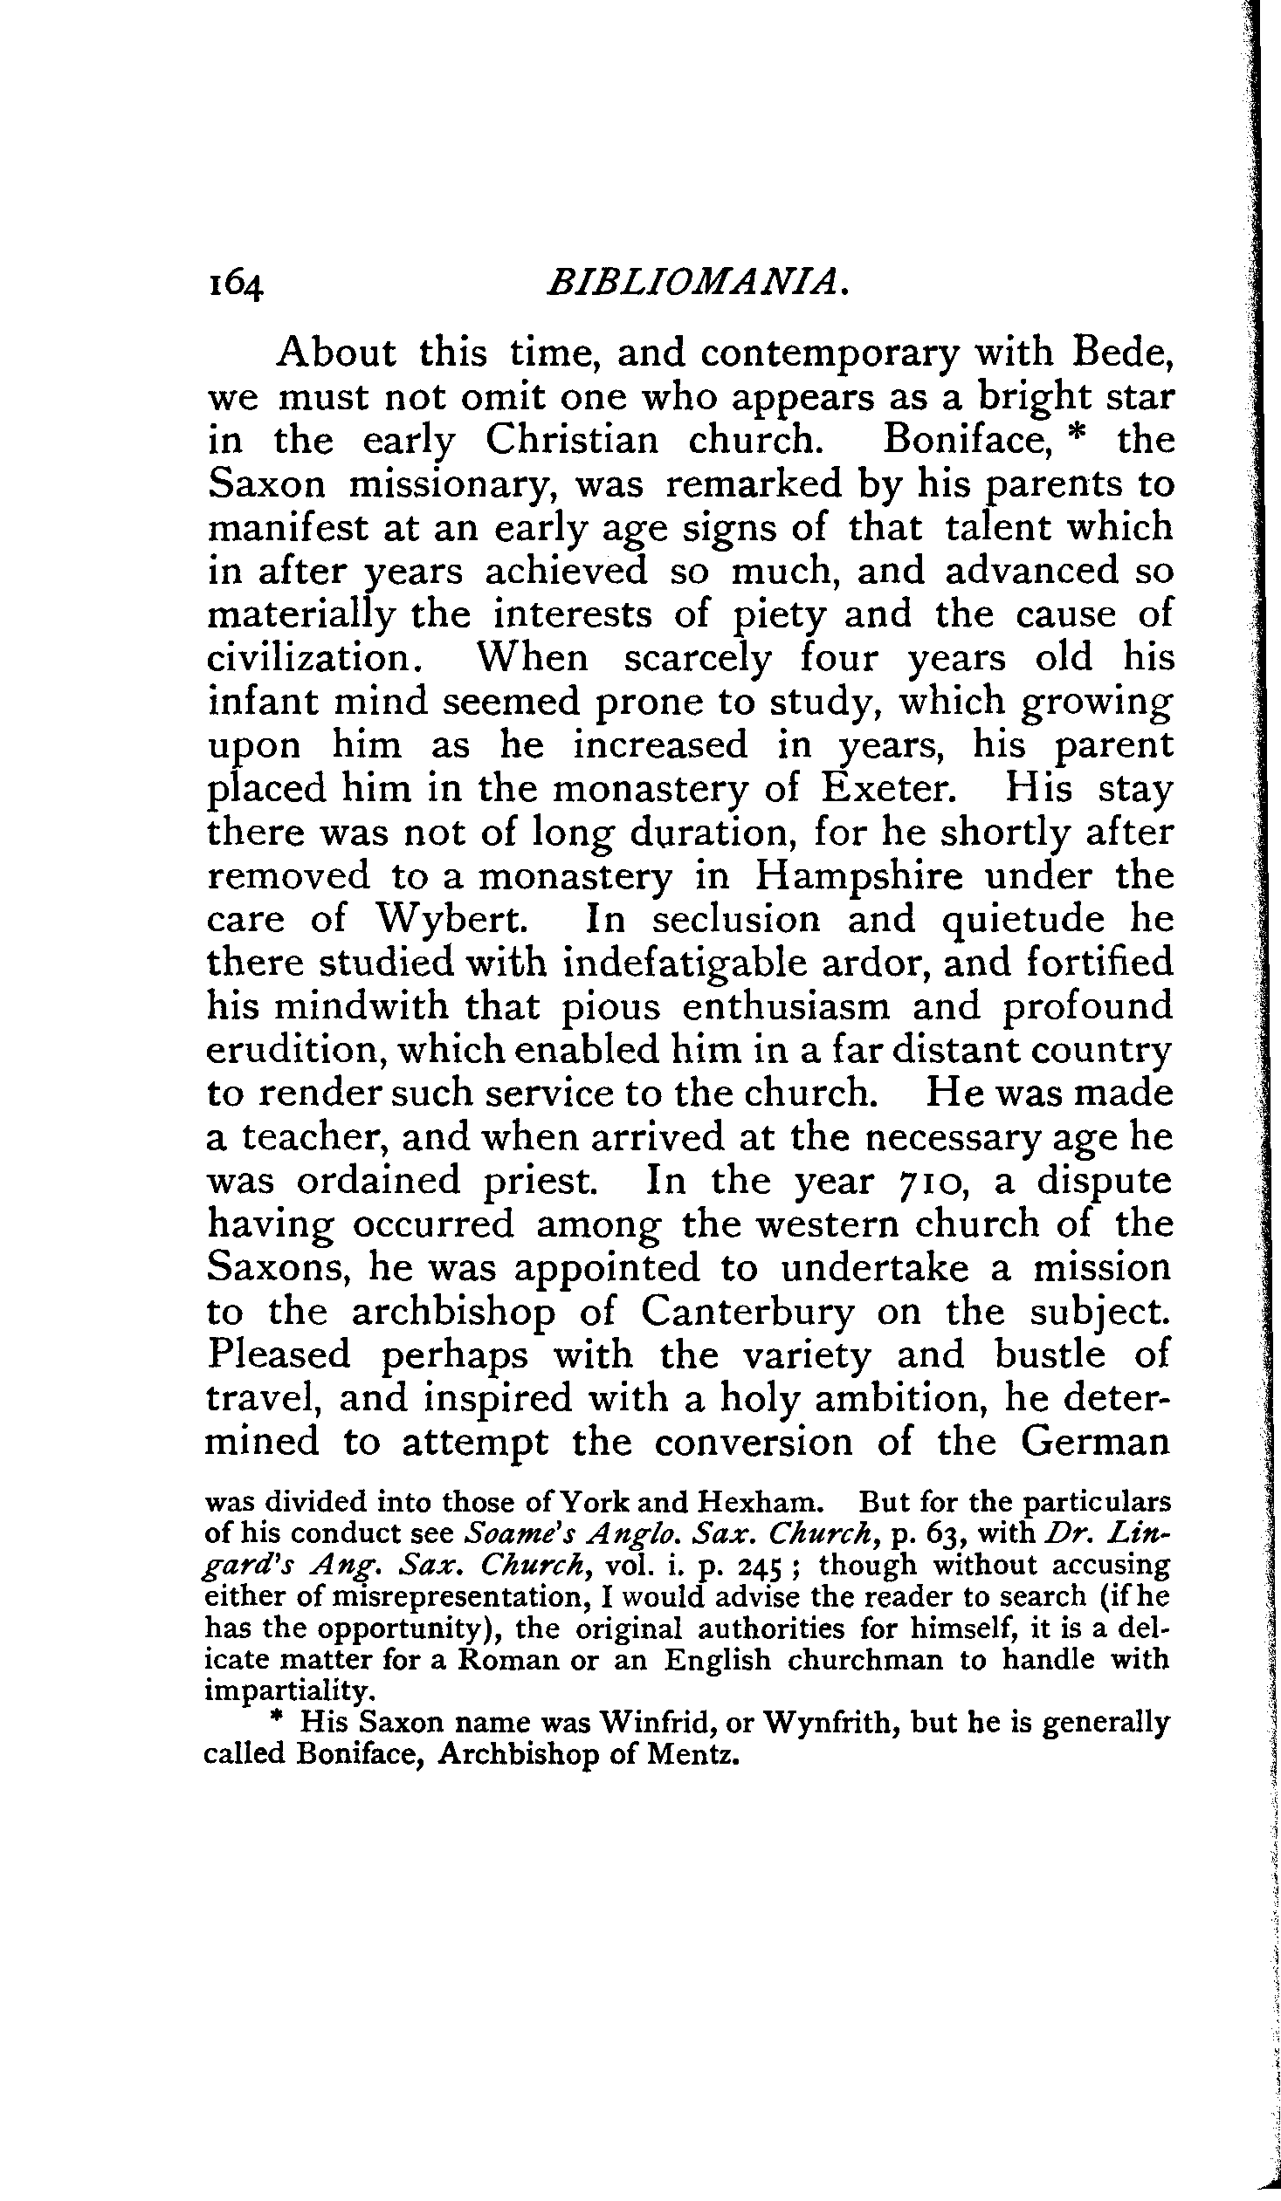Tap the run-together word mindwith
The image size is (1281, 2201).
point(364,1007)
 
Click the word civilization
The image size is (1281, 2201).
point(308,658)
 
